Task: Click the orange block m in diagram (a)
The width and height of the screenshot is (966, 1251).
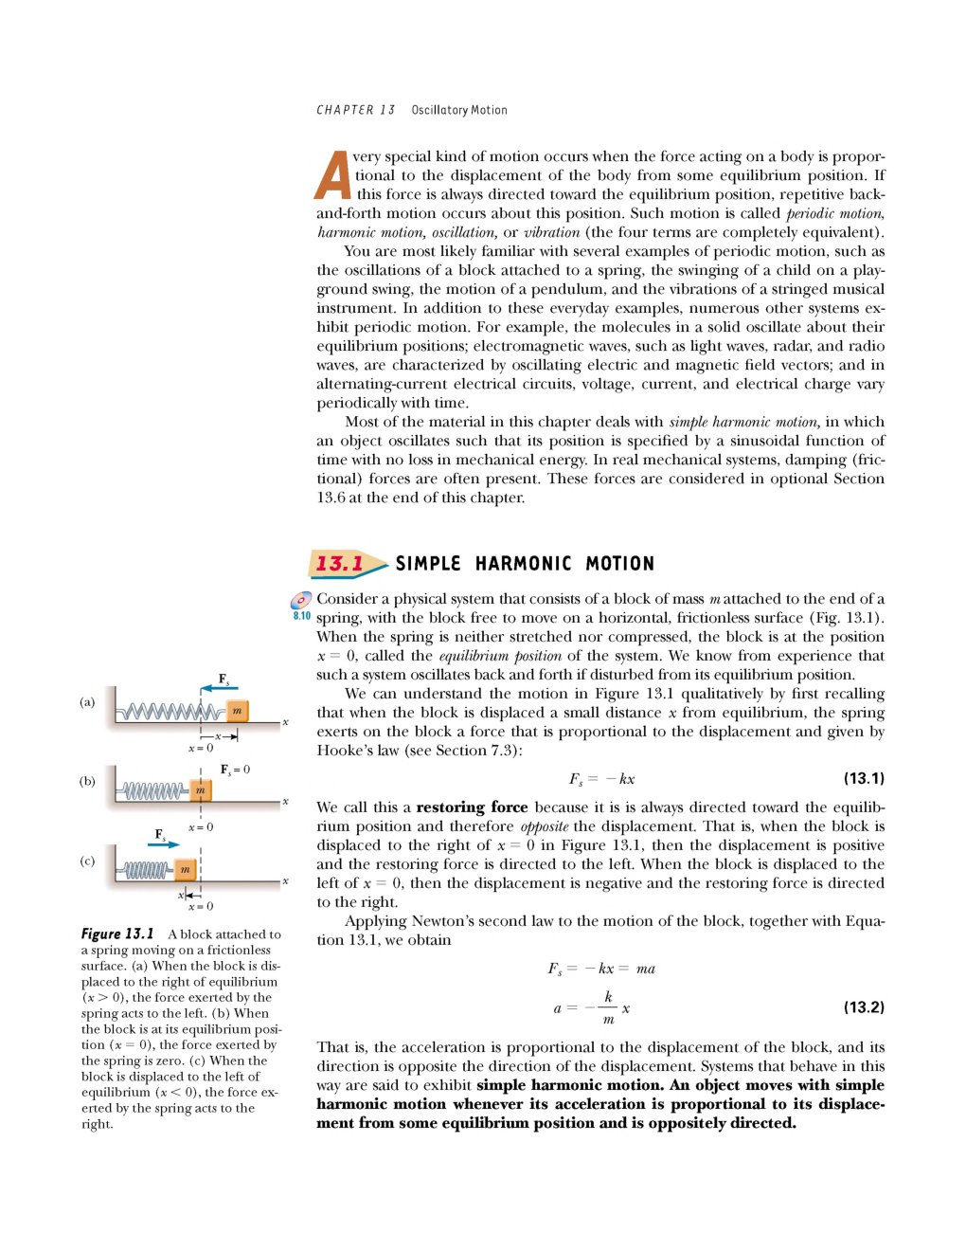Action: tap(237, 710)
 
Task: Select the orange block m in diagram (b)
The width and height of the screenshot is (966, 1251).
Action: tap(200, 789)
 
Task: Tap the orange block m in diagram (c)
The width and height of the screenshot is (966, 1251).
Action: tap(185, 869)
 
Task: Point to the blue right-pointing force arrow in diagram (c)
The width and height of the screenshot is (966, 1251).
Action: tap(163, 844)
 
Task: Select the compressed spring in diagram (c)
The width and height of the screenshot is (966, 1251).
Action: tap(148, 869)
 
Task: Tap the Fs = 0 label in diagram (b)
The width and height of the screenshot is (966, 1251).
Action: tap(235, 770)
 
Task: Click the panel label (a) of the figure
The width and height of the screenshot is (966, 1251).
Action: tap(87, 702)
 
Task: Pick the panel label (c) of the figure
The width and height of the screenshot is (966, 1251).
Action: tap(87, 861)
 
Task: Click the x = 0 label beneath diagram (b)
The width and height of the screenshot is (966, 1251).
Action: tap(201, 827)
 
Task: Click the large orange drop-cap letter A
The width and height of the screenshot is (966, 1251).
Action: tap(332, 175)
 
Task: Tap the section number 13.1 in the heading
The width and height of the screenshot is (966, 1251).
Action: tap(339, 564)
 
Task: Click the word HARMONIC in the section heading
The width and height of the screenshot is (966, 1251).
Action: tap(523, 564)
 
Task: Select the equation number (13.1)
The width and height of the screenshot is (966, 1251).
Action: tap(864, 778)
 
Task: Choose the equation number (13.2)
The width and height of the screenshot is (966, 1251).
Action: tap(864, 1006)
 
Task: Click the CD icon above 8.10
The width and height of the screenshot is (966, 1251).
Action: tap(301, 600)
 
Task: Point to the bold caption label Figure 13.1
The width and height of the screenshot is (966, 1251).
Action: tap(117, 934)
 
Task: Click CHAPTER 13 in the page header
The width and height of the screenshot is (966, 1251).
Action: tap(355, 110)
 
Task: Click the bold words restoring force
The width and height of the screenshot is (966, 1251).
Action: tap(472, 807)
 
